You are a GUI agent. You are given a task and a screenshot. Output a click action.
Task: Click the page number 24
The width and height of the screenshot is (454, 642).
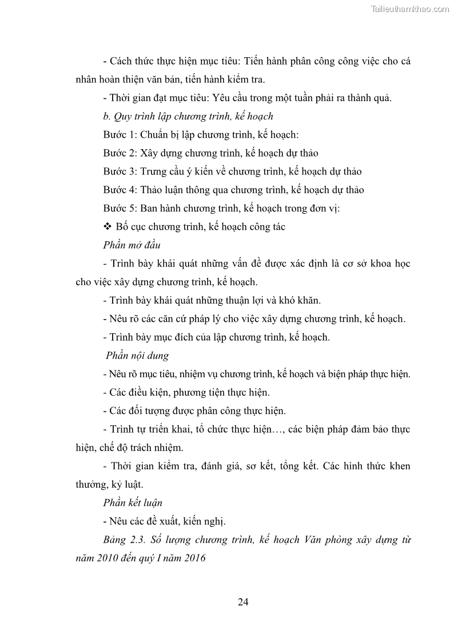coord(242,601)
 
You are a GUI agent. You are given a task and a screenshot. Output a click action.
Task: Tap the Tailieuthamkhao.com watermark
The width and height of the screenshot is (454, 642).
coord(410,9)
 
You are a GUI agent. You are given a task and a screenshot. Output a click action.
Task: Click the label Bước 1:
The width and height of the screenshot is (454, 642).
coord(121,134)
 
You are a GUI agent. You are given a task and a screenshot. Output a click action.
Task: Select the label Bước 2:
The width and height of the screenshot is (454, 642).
coord(121,153)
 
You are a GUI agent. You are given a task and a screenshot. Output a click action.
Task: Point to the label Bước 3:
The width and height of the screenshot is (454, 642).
coord(121,171)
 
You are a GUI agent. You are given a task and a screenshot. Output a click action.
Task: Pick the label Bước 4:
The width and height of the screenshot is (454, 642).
coord(121,189)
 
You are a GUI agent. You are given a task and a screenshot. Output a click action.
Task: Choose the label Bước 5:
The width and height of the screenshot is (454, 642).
coord(121,208)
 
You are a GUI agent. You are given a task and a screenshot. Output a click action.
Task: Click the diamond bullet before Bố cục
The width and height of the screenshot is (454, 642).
coord(107,226)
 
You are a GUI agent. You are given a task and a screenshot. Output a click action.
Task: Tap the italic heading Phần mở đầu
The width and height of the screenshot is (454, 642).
coord(132,245)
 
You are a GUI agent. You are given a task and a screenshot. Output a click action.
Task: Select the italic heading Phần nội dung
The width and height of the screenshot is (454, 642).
coord(137,356)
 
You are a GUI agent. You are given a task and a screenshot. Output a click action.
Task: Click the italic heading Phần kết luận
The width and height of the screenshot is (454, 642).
coord(133,503)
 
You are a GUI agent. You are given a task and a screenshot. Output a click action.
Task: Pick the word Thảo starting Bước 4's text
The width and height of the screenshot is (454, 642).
coord(154,189)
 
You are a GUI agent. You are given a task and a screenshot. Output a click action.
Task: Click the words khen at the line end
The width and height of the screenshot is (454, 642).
coord(398,466)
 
